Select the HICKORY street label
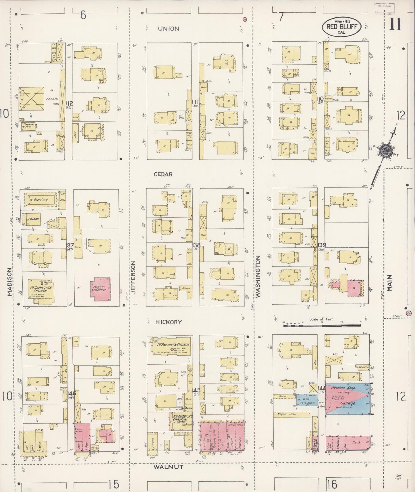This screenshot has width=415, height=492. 168,322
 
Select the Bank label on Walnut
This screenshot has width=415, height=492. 356,443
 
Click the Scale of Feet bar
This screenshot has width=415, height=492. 322,326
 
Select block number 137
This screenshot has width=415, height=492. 70,245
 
